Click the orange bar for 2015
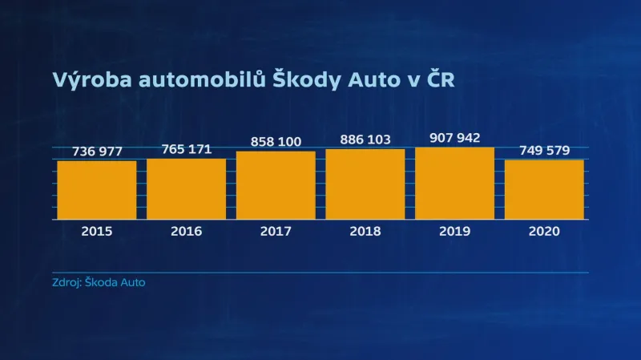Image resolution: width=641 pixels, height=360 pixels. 96,190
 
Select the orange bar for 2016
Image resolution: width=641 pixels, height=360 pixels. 186,189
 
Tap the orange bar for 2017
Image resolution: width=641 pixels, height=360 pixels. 276,185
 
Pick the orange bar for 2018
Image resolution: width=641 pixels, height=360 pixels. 365,184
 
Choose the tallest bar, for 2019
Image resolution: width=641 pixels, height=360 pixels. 454,184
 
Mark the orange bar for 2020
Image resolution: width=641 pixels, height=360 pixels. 544,190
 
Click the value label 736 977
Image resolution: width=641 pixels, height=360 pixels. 96,152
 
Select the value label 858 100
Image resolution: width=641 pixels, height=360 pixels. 276,142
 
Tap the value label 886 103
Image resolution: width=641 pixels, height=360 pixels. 365,140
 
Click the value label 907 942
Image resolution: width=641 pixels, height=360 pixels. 454,138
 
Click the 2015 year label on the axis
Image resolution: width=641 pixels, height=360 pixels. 96,231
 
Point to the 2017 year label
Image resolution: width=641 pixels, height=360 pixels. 276,231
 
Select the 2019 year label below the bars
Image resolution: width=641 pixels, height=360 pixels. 454,231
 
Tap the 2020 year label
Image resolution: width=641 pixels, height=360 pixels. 544,231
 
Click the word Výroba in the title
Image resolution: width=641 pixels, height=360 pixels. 89,80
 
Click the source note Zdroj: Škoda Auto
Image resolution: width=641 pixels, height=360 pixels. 99,283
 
